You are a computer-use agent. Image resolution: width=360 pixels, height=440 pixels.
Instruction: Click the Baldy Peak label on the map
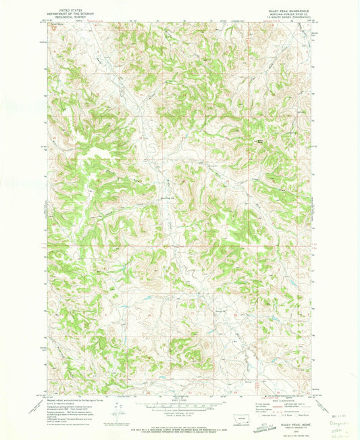pos(259,139)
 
